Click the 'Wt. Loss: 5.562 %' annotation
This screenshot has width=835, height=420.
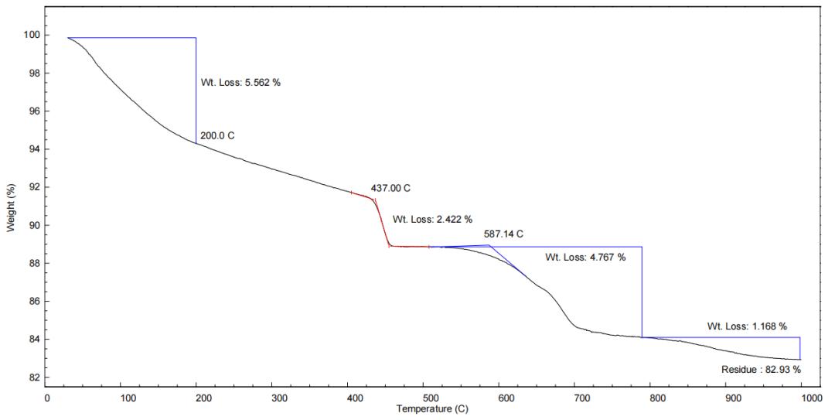coord(240,82)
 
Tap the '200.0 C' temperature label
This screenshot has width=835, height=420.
coord(217,136)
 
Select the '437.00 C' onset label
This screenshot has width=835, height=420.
coord(390,188)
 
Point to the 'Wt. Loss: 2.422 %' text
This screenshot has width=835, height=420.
coord(432,219)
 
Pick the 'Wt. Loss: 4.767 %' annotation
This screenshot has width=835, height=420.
coord(585,257)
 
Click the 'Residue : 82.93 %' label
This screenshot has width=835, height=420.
coord(761,370)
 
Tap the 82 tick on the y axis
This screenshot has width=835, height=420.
coord(33,377)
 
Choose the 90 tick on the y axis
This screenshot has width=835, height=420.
coord(33,226)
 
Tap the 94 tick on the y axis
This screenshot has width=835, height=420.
coord(33,149)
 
